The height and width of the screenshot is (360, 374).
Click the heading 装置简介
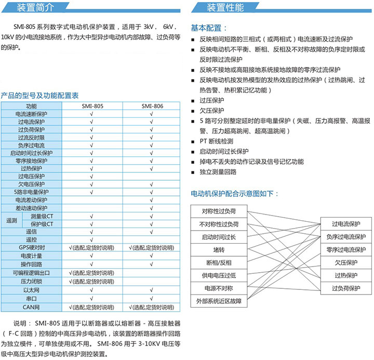point(35,7)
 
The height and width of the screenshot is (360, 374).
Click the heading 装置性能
point(225,7)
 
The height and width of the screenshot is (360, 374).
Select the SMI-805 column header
point(92,106)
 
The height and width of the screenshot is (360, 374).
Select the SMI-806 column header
point(152,106)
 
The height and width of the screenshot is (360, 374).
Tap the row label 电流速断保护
point(31,114)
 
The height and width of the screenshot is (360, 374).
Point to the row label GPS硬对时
point(31,247)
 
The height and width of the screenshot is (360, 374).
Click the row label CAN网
point(31,306)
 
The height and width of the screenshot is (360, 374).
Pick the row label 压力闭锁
point(31,281)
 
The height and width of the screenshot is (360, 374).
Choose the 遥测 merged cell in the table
point(11,220)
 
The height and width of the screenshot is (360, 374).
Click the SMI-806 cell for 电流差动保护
point(152,199)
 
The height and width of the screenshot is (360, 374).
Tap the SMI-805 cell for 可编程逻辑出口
point(92,273)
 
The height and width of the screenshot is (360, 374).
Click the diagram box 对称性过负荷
point(219,211)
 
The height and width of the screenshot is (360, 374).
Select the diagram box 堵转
point(219,250)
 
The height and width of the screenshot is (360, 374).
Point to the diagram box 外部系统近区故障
point(219,300)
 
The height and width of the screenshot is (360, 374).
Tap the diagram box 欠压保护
point(346,262)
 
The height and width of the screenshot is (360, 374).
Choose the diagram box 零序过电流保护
point(346,250)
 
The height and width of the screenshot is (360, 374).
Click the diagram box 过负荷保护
point(346,288)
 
